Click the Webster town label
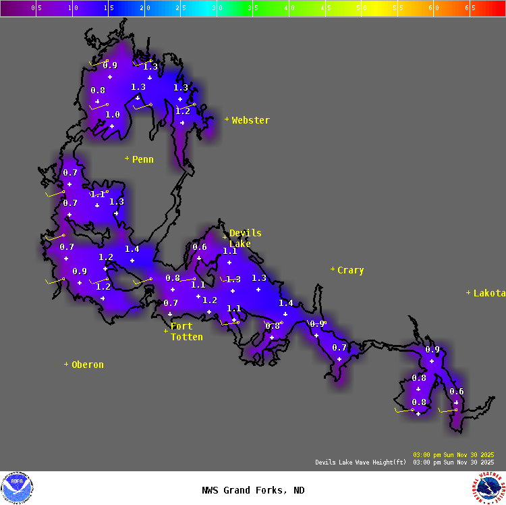tap(250, 120)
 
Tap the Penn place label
tap(142, 159)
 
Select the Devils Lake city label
tap(244, 238)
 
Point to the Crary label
tap(350, 270)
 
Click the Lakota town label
tap(489, 293)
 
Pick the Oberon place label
tap(88, 365)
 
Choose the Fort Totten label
tap(186, 331)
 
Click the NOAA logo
tap(17, 487)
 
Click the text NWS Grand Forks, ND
tap(253, 491)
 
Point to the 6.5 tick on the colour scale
tap(470, 8)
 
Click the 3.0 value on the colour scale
tap(217, 8)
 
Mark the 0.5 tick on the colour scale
tap(36, 8)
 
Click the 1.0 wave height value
tap(113, 115)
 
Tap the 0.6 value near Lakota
tap(457, 392)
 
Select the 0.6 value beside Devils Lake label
tap(200, 247)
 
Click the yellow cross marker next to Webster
tap(227, 119)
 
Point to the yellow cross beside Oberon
tap(66, 364)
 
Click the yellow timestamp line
tap(453, 454)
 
